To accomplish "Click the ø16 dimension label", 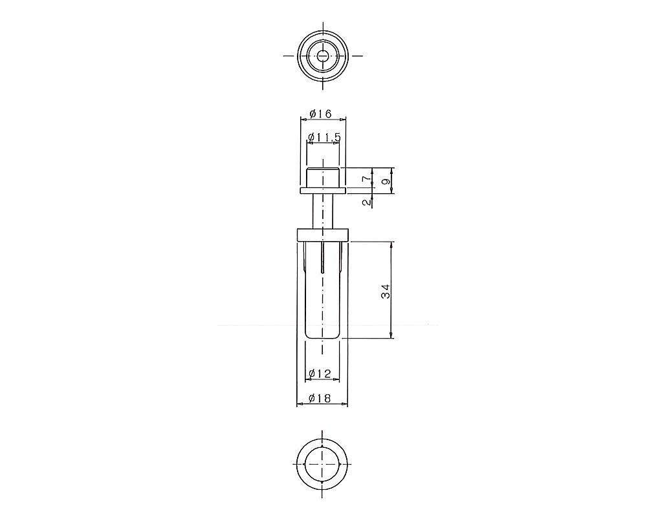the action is pos(321,113).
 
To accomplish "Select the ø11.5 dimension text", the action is pos(324,137).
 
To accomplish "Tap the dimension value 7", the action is pos(366,178).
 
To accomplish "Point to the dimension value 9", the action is pos(386,181).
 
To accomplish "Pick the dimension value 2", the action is pos(366,202).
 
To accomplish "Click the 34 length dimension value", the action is pos(386,291).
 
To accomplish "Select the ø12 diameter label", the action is pos(320,374).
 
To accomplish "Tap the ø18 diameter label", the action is pos(320,398).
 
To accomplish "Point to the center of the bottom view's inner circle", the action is pos(322,464).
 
